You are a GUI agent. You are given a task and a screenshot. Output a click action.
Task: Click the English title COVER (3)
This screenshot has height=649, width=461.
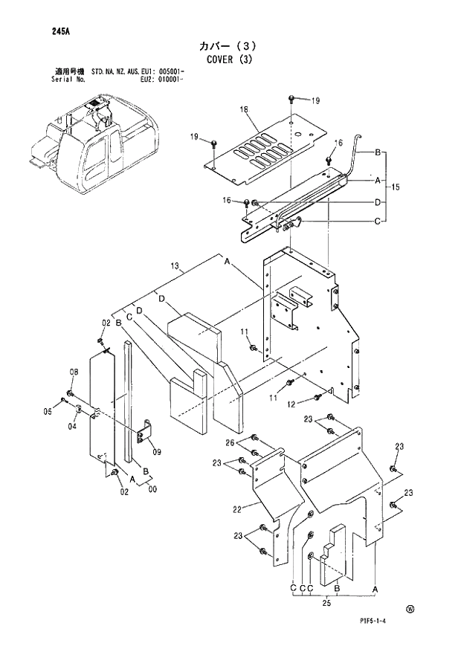[x=229, y=59]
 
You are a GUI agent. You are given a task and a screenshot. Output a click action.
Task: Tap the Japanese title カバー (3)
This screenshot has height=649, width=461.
[x=229, y=44]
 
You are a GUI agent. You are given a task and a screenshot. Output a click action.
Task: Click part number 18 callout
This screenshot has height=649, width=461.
[x=242, y=110]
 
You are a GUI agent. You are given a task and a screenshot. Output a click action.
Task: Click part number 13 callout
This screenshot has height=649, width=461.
[x=175, y=266]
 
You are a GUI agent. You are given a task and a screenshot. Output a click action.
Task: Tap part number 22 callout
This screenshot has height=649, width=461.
[x=237, y=509]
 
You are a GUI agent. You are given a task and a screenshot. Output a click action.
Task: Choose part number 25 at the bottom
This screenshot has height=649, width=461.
[x=325, y=603]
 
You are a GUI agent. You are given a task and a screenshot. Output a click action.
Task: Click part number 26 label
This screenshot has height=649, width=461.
[x=230, y=443]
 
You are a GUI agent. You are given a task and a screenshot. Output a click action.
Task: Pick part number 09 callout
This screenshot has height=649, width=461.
[x=156, y=451]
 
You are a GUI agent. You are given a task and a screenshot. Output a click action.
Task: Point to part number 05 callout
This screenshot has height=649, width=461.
[x=47, y=411]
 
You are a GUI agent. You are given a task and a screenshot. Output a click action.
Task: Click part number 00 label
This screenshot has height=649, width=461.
[x=152, y=489]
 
